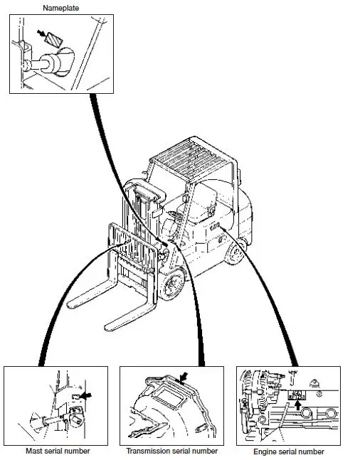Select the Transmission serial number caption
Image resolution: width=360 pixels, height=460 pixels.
[x=171, y=451]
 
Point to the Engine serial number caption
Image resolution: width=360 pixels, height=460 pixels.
[x=288, y=451]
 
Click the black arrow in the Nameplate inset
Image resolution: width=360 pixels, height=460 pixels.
[x=45, y=33]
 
